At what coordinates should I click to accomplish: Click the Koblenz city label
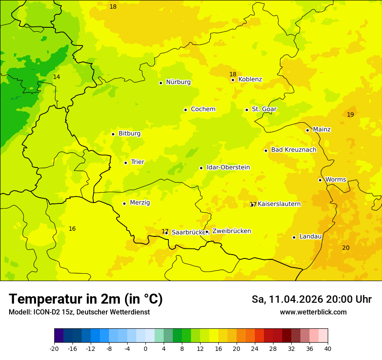point(250,79)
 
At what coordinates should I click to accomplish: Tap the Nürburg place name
point(178,82)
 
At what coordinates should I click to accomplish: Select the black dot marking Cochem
point(185,110)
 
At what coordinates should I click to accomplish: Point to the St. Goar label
point(264,109)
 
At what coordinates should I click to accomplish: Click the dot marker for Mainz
point(307,130)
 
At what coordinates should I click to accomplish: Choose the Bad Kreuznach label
point(293,150)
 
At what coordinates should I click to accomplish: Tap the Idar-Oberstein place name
point(228,167)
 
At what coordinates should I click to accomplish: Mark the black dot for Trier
point(125,163)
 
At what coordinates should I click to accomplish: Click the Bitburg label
point(129,134)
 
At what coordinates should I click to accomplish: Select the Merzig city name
point(140,203)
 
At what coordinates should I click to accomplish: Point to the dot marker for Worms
point(320,180)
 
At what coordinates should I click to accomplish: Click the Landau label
point(310,237)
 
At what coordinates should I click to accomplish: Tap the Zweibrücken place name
point(231,231)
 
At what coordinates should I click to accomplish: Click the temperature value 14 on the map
point(56,77)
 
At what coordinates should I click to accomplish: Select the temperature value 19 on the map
point(350,115)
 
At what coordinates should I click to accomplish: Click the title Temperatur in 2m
point(86,299)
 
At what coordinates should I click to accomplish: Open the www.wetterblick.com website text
point(313,312)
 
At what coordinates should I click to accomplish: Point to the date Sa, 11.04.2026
point(287,299)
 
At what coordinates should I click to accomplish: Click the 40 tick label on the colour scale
point(328,348)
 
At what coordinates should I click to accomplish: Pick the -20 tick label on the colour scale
point(54,348)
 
